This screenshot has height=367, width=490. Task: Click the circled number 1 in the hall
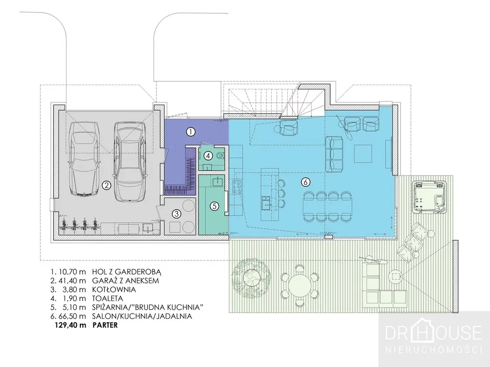click(x=190, y=132)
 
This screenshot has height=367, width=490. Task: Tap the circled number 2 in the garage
click(x=106, y=185)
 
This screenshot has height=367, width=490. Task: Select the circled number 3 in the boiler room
click(x=177, y=214)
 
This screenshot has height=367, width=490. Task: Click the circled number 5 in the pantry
click(x=214, y=206)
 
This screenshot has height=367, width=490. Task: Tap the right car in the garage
click(x=130, y=161)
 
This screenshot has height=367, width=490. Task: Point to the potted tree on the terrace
click(x=251, y=275)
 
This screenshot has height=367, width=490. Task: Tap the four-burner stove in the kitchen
click(x=237, y=187)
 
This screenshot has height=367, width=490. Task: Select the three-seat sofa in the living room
click(x=334, y=154)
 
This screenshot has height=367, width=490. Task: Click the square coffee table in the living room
click(x=363, y=153)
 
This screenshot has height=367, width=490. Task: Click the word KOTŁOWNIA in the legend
click(x=114, y=290)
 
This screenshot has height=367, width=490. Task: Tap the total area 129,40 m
click(x=70, y=325)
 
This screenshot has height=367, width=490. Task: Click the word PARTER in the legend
click(x=105, y=325)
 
